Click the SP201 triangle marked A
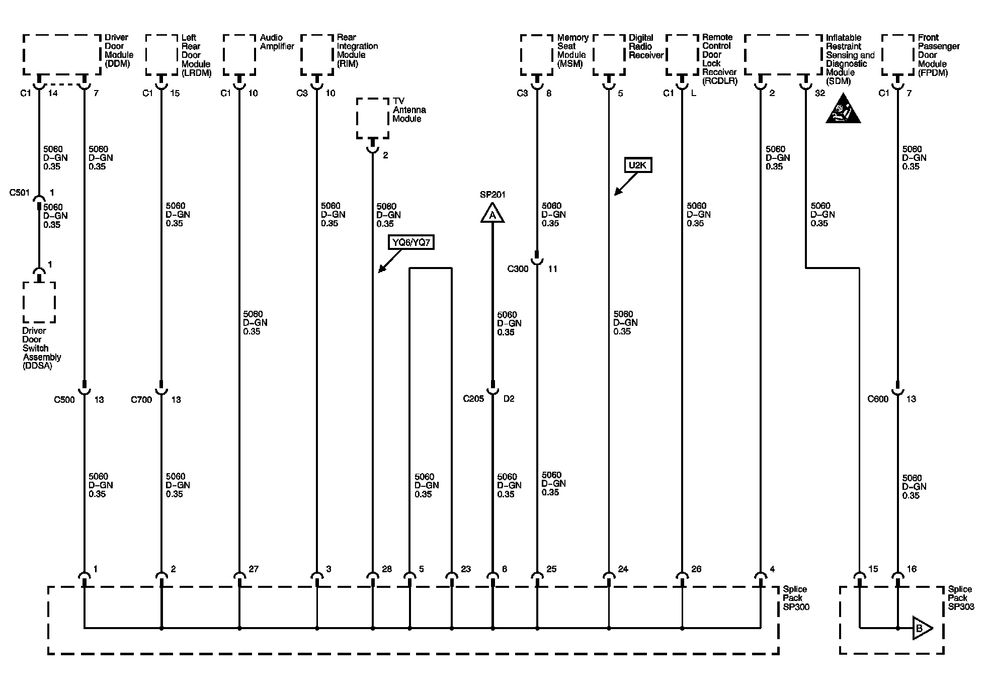tap(492, 214)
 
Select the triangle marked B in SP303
tap(922, 628)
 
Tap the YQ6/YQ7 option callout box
tap(411, 243)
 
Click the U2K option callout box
tap(638, 165)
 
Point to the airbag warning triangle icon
tap(843, 110)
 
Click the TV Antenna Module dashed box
tap(373, 118)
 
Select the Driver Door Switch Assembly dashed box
tap(39, 302)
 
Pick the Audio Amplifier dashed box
tap(239, 55)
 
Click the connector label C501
tap(20, 193)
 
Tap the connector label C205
tap(473, 399)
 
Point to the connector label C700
tap(141, 400)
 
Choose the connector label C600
tap(878, 399)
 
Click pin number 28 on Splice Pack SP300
tap(386, 569)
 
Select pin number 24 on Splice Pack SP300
tap(623, 569)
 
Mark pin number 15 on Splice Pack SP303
tap(873, 569)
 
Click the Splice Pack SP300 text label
tap(795, 598)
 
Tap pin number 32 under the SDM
tap(819, 93)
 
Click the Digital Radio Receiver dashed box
tap(609, 55)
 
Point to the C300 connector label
tap(518, 269)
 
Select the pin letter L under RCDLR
tap(694, 93)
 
